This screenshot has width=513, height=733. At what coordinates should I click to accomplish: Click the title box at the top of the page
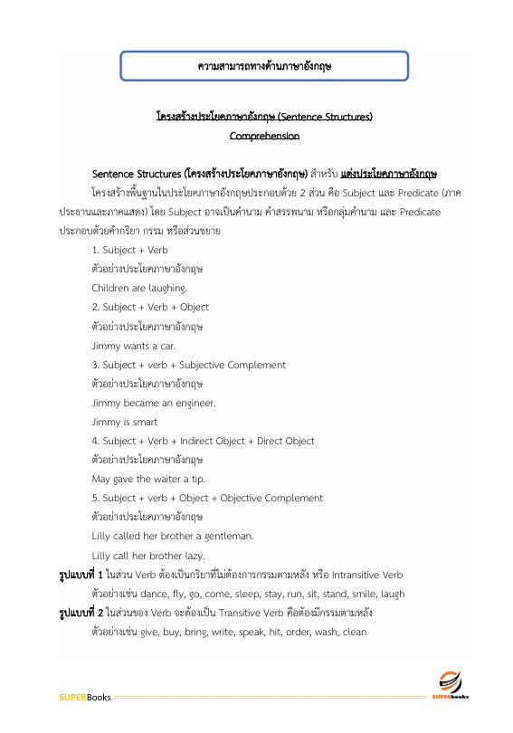coord(265,66)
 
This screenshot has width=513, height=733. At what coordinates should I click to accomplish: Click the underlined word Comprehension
coord(264,136)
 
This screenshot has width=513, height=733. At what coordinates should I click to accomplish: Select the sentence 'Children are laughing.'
coord(139,289)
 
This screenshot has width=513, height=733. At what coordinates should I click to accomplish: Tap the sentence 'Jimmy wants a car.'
coord(134,346)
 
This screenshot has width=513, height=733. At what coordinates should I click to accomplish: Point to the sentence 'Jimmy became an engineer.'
coord(153,403)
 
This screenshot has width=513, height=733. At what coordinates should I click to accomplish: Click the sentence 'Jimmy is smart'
coord(125,422)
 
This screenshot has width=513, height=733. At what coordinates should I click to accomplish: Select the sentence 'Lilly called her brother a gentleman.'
coord(172,536)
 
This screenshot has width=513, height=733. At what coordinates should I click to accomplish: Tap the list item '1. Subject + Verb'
coord(129,250)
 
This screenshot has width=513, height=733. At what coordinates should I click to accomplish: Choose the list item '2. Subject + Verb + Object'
coord(150,308)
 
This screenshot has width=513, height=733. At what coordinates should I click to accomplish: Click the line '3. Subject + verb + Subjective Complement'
coord(188,365)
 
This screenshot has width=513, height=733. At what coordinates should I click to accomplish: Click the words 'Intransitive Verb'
coord(370,575)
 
